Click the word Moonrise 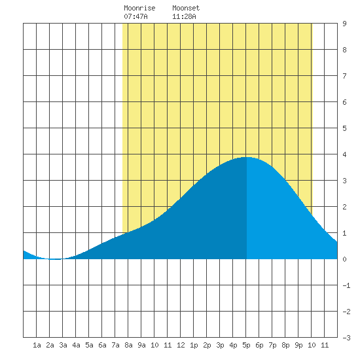[x=139, y=8]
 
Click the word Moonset [x=186, y=8]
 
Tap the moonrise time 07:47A [x=135, y=16]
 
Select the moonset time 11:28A [x=184, y=16]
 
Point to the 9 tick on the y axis [x=344, y=24]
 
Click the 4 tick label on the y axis [x=344, y=154]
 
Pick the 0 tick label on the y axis [x=344, y=259]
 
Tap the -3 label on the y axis [x=346, y=338]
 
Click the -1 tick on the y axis [x=346, y=285]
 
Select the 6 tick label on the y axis [x=344, y=102]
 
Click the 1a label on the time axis [x=37, y=345]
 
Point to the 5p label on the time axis [x=246, y=345]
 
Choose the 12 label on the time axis [x=181, y=345]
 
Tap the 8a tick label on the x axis [x=128, y=345]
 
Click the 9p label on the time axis [x=298, y=345]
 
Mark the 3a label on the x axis [x=63, y=345]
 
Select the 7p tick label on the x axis [x=272, y=345]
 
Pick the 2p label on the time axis [x=207, y=345]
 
